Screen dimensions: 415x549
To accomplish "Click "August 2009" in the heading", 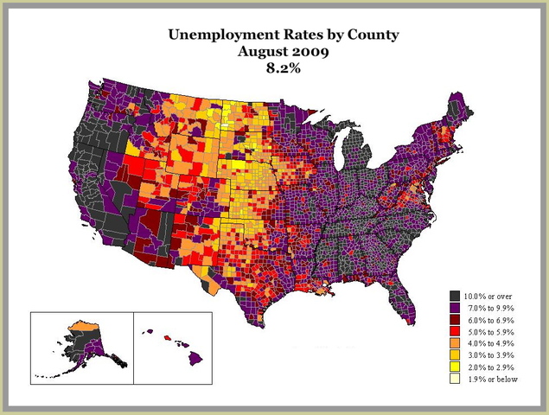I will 276,52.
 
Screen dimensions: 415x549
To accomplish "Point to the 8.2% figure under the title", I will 276,68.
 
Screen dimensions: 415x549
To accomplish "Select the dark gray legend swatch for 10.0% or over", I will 455,296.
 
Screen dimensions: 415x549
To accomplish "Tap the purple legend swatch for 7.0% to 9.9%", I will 455,308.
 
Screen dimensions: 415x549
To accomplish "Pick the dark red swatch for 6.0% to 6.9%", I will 455,320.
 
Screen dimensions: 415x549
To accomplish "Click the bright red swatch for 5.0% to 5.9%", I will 455,332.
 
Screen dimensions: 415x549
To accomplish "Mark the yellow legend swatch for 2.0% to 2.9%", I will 455,367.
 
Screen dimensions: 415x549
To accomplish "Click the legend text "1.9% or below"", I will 492,380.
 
